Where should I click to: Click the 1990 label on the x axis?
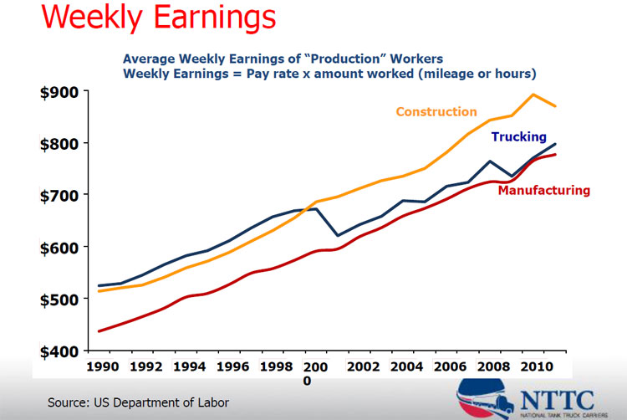coord(102,366)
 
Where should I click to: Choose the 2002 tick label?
coord(365,366)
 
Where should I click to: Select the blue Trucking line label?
coord(518,136)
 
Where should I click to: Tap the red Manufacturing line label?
coord(544,190)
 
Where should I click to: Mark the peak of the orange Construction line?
coord(533,95)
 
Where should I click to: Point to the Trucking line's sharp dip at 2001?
coord(338,235)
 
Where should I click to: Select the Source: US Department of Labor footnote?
coord(138,402)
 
